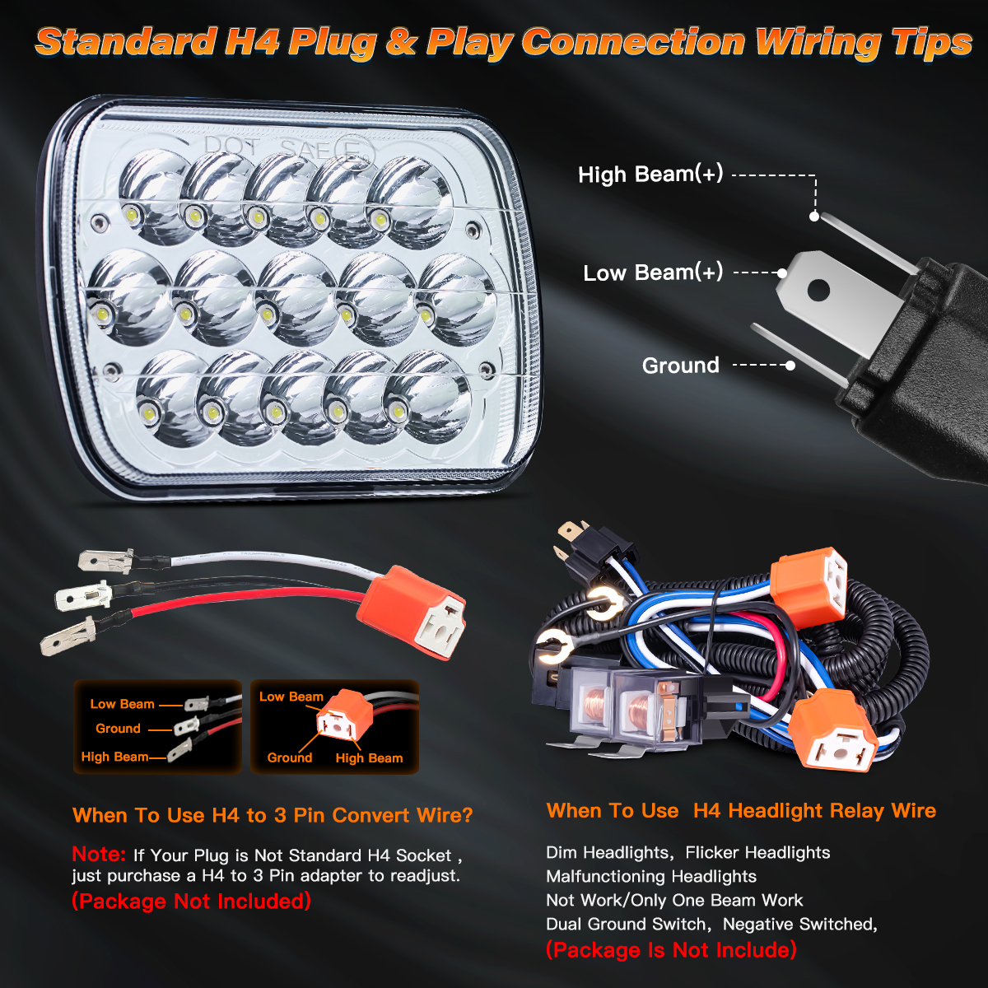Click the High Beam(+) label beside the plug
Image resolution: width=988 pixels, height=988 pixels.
pyautogui.click(x=650, y=175)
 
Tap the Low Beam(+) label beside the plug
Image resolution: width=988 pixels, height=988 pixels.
pyautogui.click(x=653, y=273)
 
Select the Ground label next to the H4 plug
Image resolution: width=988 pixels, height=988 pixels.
pyautogui.click(x=681, y=366)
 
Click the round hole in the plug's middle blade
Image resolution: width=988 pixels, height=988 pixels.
pyautogui.click(x=818, y=291)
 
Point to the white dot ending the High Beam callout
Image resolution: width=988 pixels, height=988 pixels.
pyautogui.click(x=814, y=217)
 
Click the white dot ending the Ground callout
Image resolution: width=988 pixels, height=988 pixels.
pyautogui.click(x=790, y=366)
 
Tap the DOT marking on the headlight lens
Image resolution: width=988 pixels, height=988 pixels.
pyautogui.click(x=231, y=146)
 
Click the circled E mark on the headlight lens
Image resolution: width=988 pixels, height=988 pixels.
pyautogui.click(x=354, y=152)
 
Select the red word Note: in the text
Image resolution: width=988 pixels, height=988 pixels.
pyautogui.click(x=99, y=854)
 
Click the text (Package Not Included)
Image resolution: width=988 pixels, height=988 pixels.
pyautogui.click(x=192, y=902)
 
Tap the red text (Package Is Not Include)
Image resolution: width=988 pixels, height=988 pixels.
pyautogui.click(x=671, y=950)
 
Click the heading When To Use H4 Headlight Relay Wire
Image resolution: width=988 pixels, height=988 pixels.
pyautogui.click(x=741, y=811)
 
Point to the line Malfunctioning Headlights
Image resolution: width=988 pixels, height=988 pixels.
pyautogui.click(x=651, y=877)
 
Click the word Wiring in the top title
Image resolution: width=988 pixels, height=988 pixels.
pyautogui.click(x=819, y=43)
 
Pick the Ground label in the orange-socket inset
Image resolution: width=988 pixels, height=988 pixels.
pyautogui.click(x=290, y=757)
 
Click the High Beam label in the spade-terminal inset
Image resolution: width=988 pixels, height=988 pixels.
pyautogui.click(x=114, y=757)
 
